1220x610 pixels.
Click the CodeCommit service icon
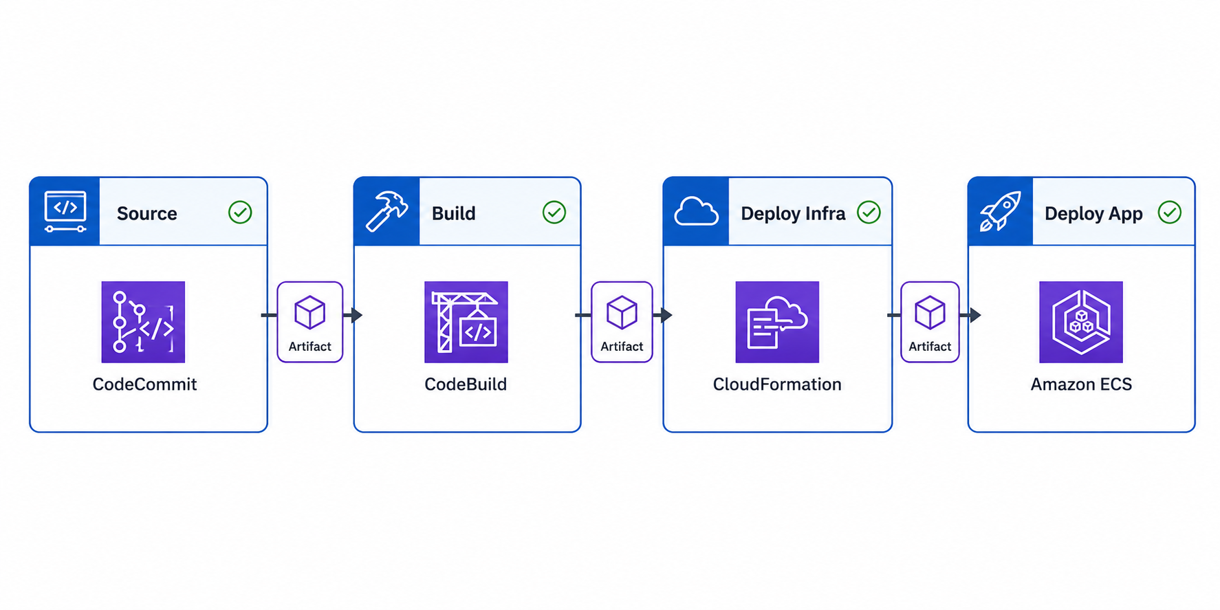143,322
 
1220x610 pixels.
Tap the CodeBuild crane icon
466,322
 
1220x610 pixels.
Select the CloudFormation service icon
777,322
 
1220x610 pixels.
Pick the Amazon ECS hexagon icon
1081,322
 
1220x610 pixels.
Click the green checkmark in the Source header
240,213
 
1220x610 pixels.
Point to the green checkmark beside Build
554,213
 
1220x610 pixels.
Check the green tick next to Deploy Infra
869,213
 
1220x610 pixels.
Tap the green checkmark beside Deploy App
1170,213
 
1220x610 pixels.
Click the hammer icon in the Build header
386,211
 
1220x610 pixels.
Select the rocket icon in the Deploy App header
1000,211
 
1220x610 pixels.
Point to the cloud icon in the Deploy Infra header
697,211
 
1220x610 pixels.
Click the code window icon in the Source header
65,211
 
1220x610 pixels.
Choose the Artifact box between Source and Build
310,322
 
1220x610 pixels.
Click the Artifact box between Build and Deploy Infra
622,322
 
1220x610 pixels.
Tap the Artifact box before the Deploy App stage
930,322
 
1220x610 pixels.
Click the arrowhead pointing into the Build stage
357,315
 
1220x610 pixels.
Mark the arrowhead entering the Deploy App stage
975,315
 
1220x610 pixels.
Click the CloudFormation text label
777,384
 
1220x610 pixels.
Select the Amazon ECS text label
1081,384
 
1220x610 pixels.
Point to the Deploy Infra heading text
793,214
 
